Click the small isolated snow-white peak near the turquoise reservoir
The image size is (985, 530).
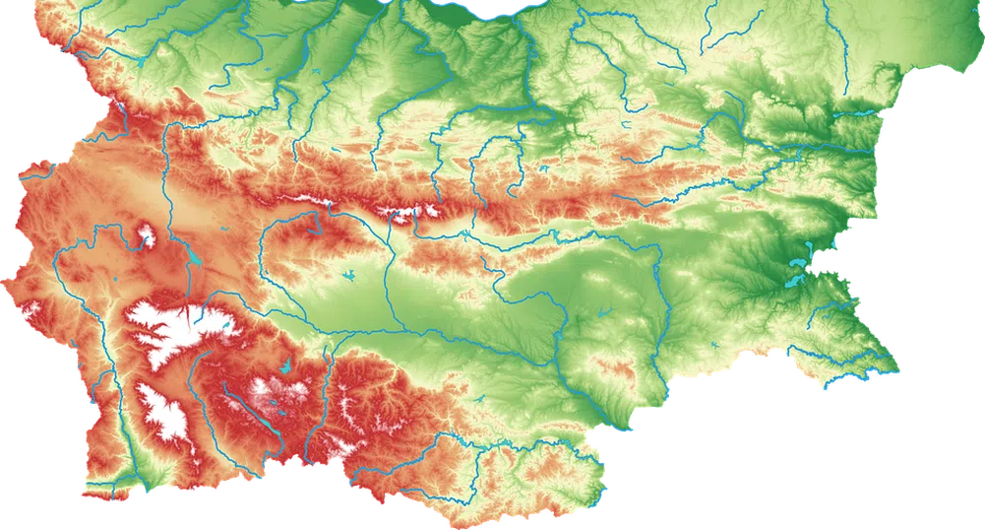click(147, 235)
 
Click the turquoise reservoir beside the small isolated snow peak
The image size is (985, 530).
click(195, 263)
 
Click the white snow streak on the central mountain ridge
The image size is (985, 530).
click(403, 212)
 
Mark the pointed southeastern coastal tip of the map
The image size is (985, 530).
click(897, 372)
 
